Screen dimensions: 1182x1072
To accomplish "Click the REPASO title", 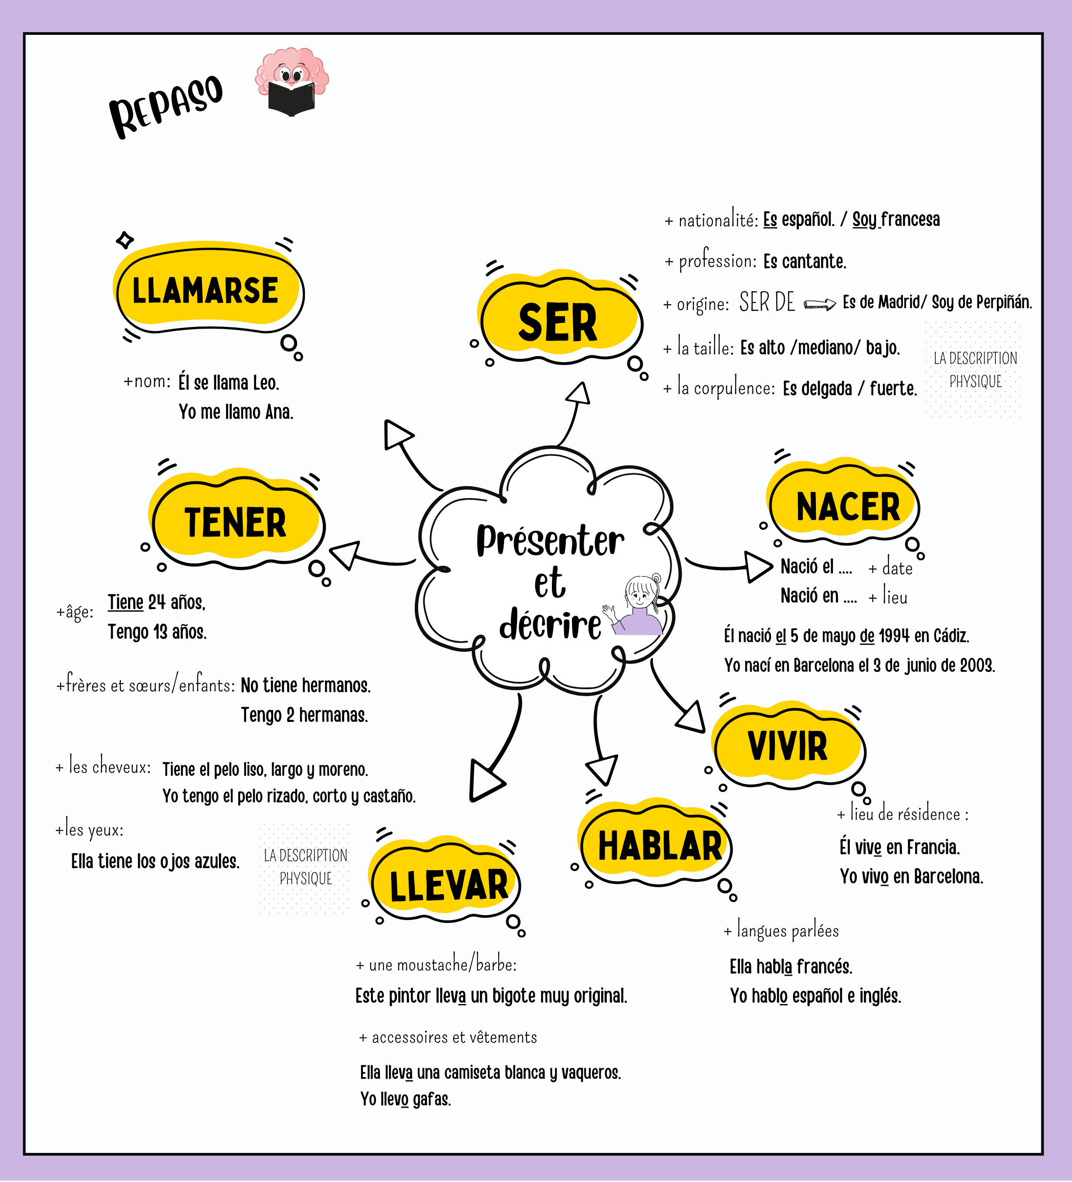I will point(166,106).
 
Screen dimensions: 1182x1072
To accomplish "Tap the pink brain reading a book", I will point(291,82).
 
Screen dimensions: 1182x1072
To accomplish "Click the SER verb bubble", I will point(558,323).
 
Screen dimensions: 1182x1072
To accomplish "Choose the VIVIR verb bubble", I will point(788,746).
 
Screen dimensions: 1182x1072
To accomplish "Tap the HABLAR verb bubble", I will point(659,846).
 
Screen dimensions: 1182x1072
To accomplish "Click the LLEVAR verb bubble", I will point(449,886).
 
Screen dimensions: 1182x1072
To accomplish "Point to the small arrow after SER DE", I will point(819,304).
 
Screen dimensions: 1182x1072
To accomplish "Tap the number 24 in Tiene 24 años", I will point(157,602).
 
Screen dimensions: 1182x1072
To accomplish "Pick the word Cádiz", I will point(951,636).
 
